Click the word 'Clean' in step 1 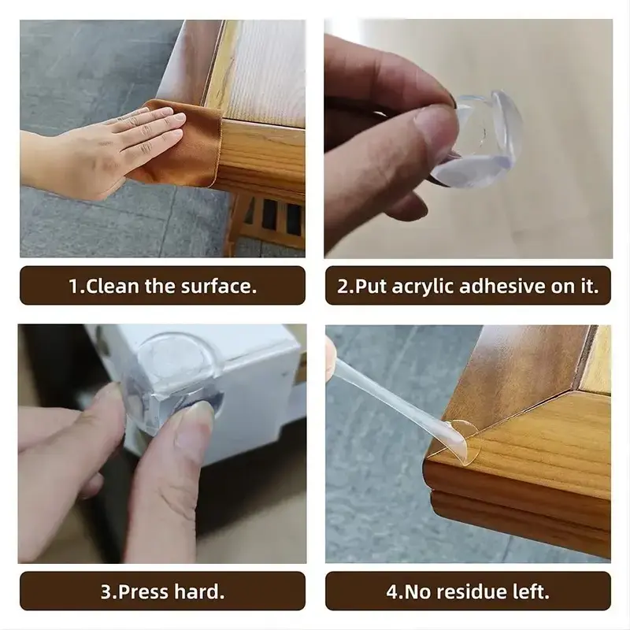pos(112,286)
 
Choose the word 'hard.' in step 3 pos(199,591)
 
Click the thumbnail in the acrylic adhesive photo pos(434,124)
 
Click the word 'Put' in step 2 pos(371,287)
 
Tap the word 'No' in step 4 pos(418,592)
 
